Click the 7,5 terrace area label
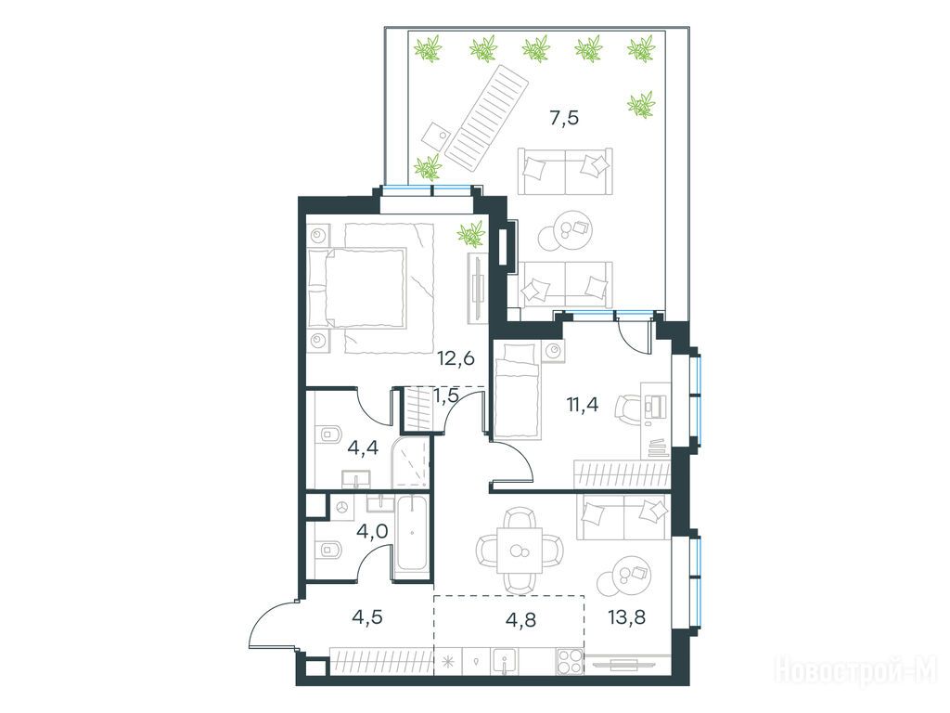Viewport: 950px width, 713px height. (x=564, y=118)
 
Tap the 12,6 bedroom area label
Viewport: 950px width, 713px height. (x=456, y=358)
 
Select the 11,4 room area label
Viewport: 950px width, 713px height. (x=583, y=404)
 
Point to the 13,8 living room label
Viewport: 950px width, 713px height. (x=626, y=617)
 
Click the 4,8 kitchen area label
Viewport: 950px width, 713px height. (x=520, y=619)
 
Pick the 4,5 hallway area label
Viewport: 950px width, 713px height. (x=366, y=617)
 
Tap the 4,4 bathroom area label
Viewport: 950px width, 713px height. (x=363, y=448)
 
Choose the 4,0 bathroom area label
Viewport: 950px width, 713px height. (x=372, y=532)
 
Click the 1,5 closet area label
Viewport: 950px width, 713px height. (x=446, y=395)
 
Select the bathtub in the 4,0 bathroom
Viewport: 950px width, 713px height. (x=412, y=534)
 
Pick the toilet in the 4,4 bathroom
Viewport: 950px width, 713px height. (x=327, y=434)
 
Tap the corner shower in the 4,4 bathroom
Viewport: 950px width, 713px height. (x=411, y=462)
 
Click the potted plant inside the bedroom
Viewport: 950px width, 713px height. (x=470, y=234)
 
